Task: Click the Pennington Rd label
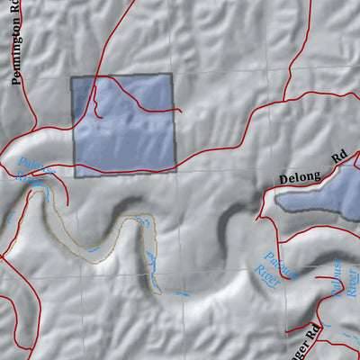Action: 15,54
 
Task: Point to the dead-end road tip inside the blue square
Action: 180,112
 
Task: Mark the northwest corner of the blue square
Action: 72,77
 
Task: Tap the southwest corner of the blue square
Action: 74,176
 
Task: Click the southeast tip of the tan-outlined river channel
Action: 160,293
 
